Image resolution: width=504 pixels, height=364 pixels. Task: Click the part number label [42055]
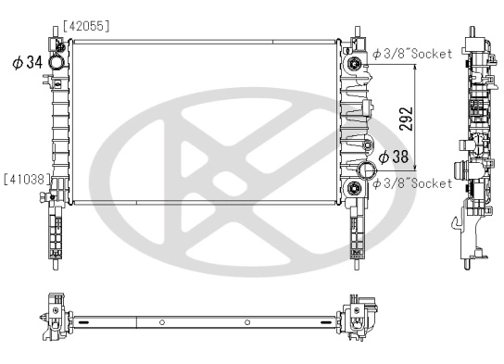(86, 27)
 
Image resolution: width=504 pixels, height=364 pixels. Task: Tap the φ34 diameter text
(27, 63)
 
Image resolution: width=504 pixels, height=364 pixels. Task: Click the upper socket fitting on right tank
(354, 62)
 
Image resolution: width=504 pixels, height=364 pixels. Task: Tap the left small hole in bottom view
(162, 322)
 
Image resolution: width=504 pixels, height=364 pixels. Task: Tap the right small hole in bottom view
(247, 322)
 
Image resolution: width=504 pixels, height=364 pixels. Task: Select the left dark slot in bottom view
(84, 322)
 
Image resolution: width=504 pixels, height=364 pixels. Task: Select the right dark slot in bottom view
(326, 322)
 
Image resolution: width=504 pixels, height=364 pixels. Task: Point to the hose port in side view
(458, 170)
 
